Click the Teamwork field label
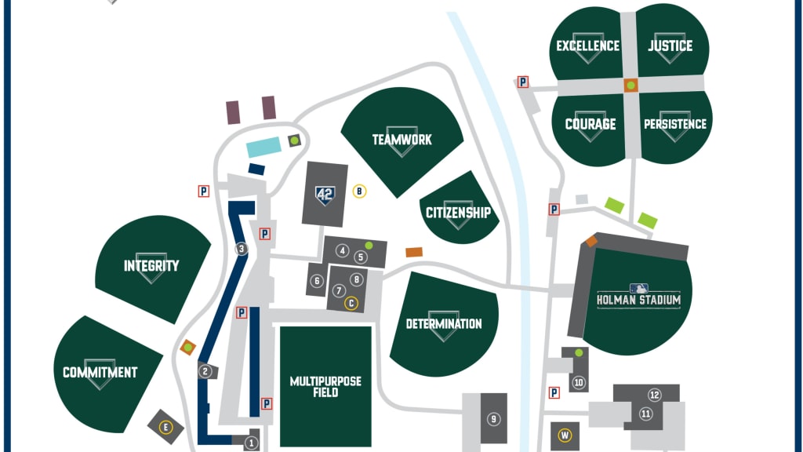(401, 140)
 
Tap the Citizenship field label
(458, 213)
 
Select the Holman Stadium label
(638, 300)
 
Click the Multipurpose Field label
(325, 386)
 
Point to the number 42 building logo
(325, 195)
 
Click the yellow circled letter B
(359, 190)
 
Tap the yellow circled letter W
(564, 436)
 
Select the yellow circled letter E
(165, 427)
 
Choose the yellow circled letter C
(351, 303)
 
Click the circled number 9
(493, 419)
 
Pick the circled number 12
(654, 395)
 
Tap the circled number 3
(242, 250)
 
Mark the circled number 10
(579, 383)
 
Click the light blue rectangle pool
(263, 148)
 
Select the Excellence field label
(587, 46)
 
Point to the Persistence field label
(674, 124)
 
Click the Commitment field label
(100, 373)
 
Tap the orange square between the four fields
(630, 85)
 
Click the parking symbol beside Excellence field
(523, 82)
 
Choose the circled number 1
(251, 443)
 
